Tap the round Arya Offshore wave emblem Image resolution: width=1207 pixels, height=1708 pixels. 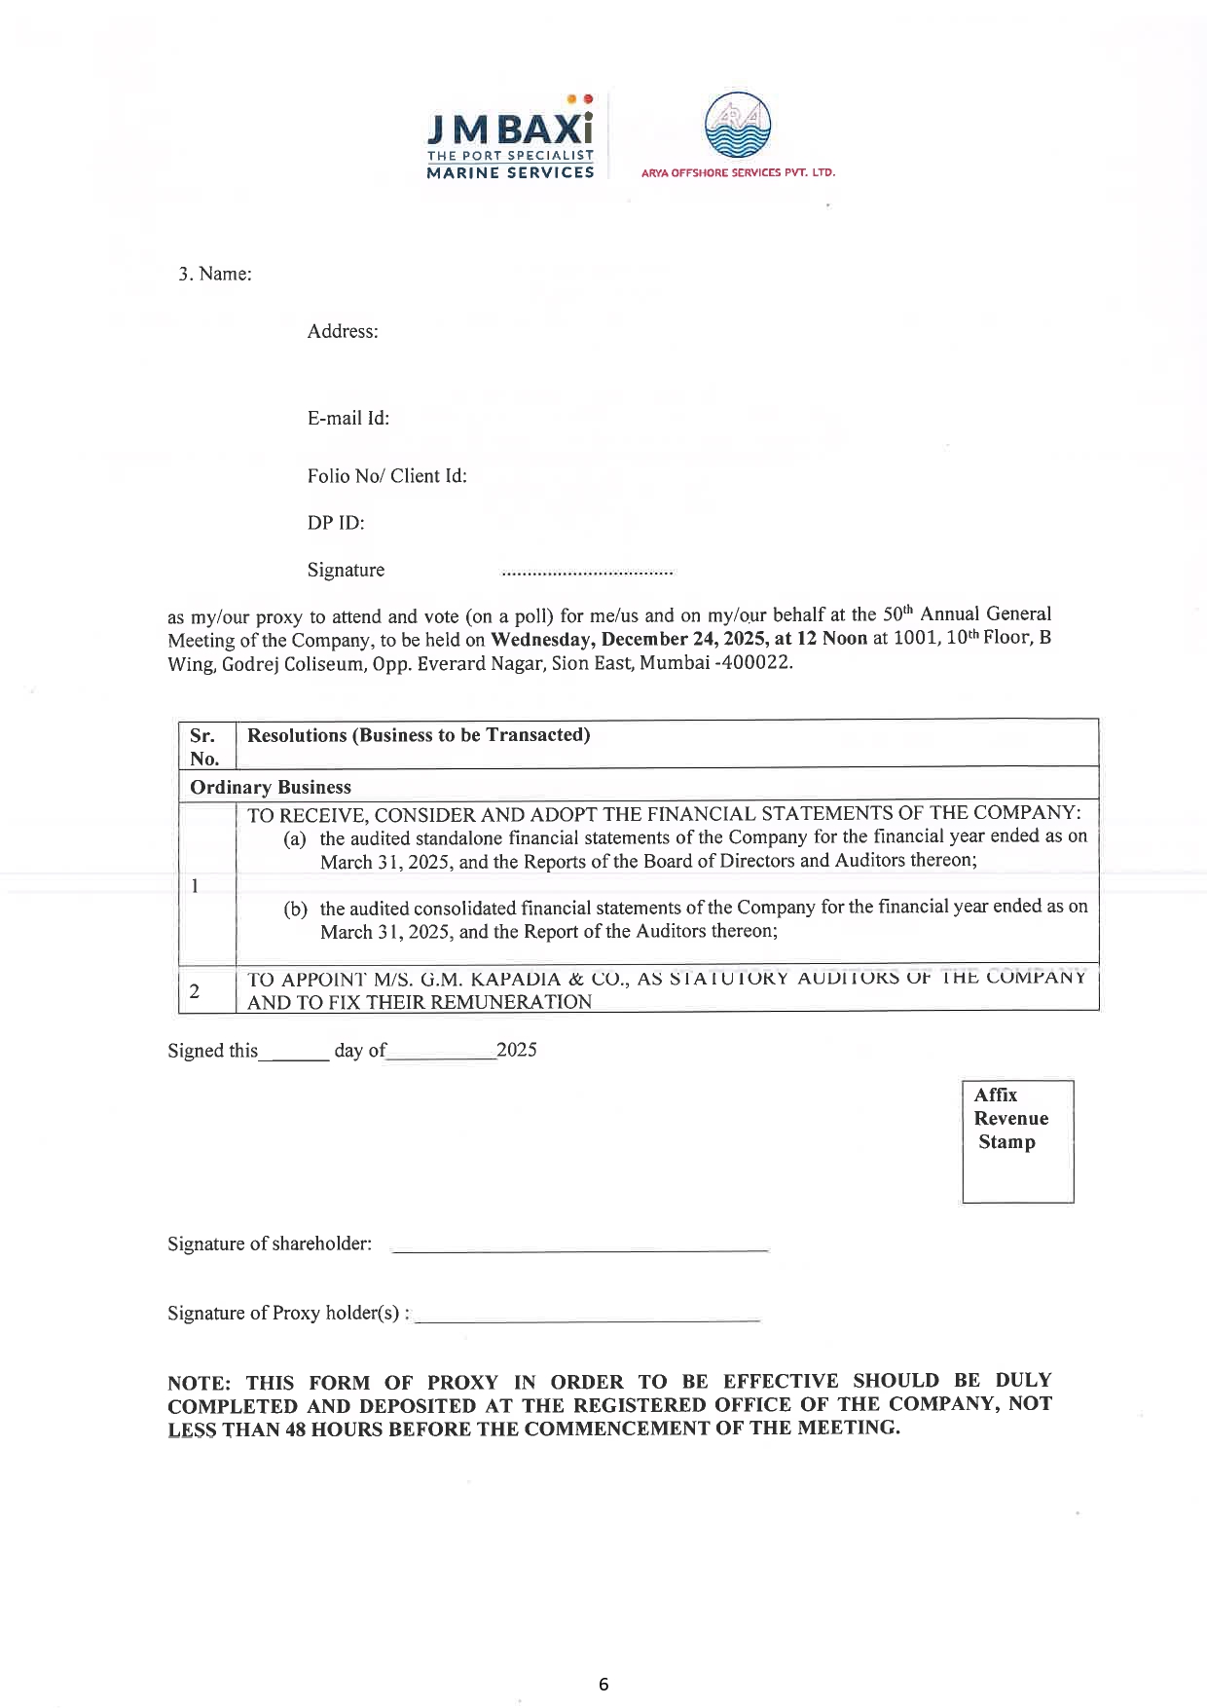737,126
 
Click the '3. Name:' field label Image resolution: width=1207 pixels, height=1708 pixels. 214,274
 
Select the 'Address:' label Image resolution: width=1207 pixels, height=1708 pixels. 343,331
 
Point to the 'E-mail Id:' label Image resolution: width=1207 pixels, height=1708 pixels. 348,418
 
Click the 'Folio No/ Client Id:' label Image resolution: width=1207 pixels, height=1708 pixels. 386,476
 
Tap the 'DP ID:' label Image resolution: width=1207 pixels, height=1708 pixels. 336,523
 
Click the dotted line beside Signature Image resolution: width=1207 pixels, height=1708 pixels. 587,574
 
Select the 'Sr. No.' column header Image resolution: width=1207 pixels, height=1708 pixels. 204,747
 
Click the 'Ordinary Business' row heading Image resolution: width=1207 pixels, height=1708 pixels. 271,787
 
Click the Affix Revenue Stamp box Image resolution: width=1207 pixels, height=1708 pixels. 1017,1141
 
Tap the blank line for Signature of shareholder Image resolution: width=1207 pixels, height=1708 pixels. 579,1248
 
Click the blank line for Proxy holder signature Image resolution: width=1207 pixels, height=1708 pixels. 587,1318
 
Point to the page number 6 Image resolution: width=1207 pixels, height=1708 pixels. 603,1684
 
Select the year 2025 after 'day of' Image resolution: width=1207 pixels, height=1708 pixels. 516,1050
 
